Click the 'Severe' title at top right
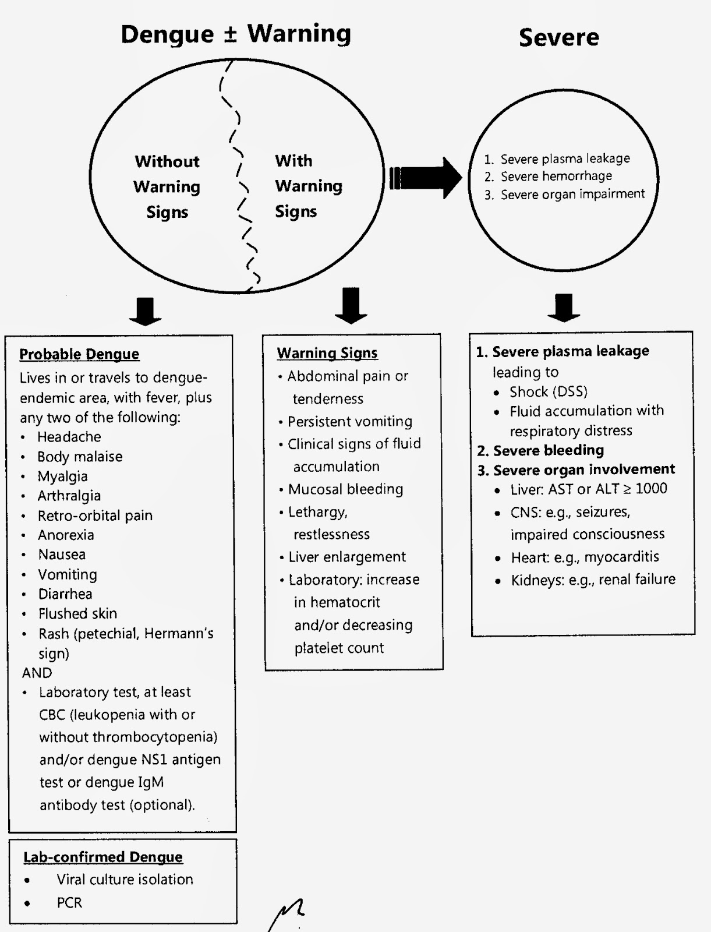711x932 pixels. [x=558, y=37]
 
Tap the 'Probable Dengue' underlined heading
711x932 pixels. [x=79, y=354]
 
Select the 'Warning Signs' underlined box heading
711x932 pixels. [x=327, y=353]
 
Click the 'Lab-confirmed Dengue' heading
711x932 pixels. [x=103, y=857]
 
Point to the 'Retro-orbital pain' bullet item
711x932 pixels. [x=95, y=516]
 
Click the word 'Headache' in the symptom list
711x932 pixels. [x=69, y=437]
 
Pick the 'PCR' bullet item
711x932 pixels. [x=69, y=903]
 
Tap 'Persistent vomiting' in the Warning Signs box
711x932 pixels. [x=349, y=421]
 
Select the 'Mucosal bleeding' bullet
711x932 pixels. [x=345, y=489]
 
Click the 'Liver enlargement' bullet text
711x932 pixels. [x=347, y=557]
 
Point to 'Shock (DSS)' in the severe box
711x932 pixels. [x=548, y=391]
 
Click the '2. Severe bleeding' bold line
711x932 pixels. [x=540, y=450]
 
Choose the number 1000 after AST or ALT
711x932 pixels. [x=651, y=489]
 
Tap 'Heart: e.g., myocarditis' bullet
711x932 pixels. [x=585, y=557]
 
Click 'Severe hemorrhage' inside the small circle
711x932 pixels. [x=556, y=176]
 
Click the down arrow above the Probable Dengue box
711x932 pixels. [x=145, y=310]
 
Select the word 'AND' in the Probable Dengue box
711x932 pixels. [x=37, y=673]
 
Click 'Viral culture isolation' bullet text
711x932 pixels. [x=125, y=880]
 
